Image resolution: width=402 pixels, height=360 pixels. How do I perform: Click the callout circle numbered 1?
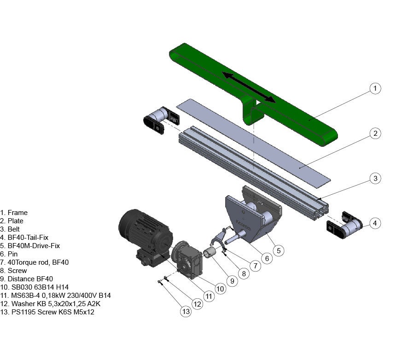(375, 88)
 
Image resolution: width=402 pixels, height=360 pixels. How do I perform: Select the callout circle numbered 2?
(375, 134)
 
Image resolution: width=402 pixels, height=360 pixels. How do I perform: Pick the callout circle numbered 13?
(186, 312)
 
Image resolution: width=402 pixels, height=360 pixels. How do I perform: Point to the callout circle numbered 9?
(232, 280)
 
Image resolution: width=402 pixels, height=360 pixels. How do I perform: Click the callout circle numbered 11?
(209, 296)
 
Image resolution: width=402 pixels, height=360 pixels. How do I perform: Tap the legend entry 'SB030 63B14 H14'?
(37, 287)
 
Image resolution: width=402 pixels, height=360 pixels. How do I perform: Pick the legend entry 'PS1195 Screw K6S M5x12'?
(51, 312)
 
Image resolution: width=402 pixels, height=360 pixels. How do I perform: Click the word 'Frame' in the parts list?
(17, 213)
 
